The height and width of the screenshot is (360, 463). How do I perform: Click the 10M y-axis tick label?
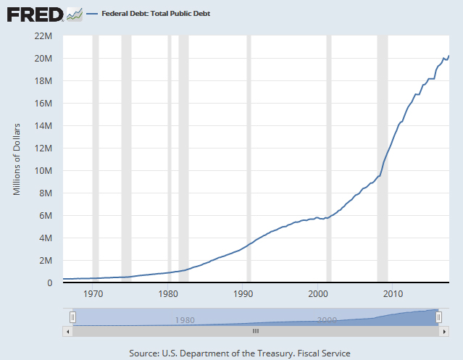pyautogui.click(x=43, y=170)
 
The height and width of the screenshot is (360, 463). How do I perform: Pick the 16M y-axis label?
pyautogui.click(x=43, y=103)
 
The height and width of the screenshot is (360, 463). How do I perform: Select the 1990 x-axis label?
pyautogui.click(x=243, y=293)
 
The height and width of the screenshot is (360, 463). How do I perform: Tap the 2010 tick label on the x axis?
pyautogui.click(x=393, y=293)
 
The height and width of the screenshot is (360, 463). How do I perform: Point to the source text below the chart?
pyautogui.click(x=240, y=353)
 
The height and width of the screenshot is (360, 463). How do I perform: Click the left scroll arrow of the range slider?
pyautogui.click(x=69, y=330)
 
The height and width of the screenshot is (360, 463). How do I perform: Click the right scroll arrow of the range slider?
pyautogui.click(x=443, y=330)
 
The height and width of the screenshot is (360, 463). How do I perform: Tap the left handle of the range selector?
pyautogui.click(x=72, y=317)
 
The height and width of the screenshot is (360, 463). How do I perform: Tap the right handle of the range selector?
pyautogui.click(x=438, y=317)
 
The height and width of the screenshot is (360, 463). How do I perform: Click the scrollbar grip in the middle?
pyautogui.click(x=255, y=330)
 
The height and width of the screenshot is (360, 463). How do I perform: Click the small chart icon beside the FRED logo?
pyautogui.click(x=74, y=14)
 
